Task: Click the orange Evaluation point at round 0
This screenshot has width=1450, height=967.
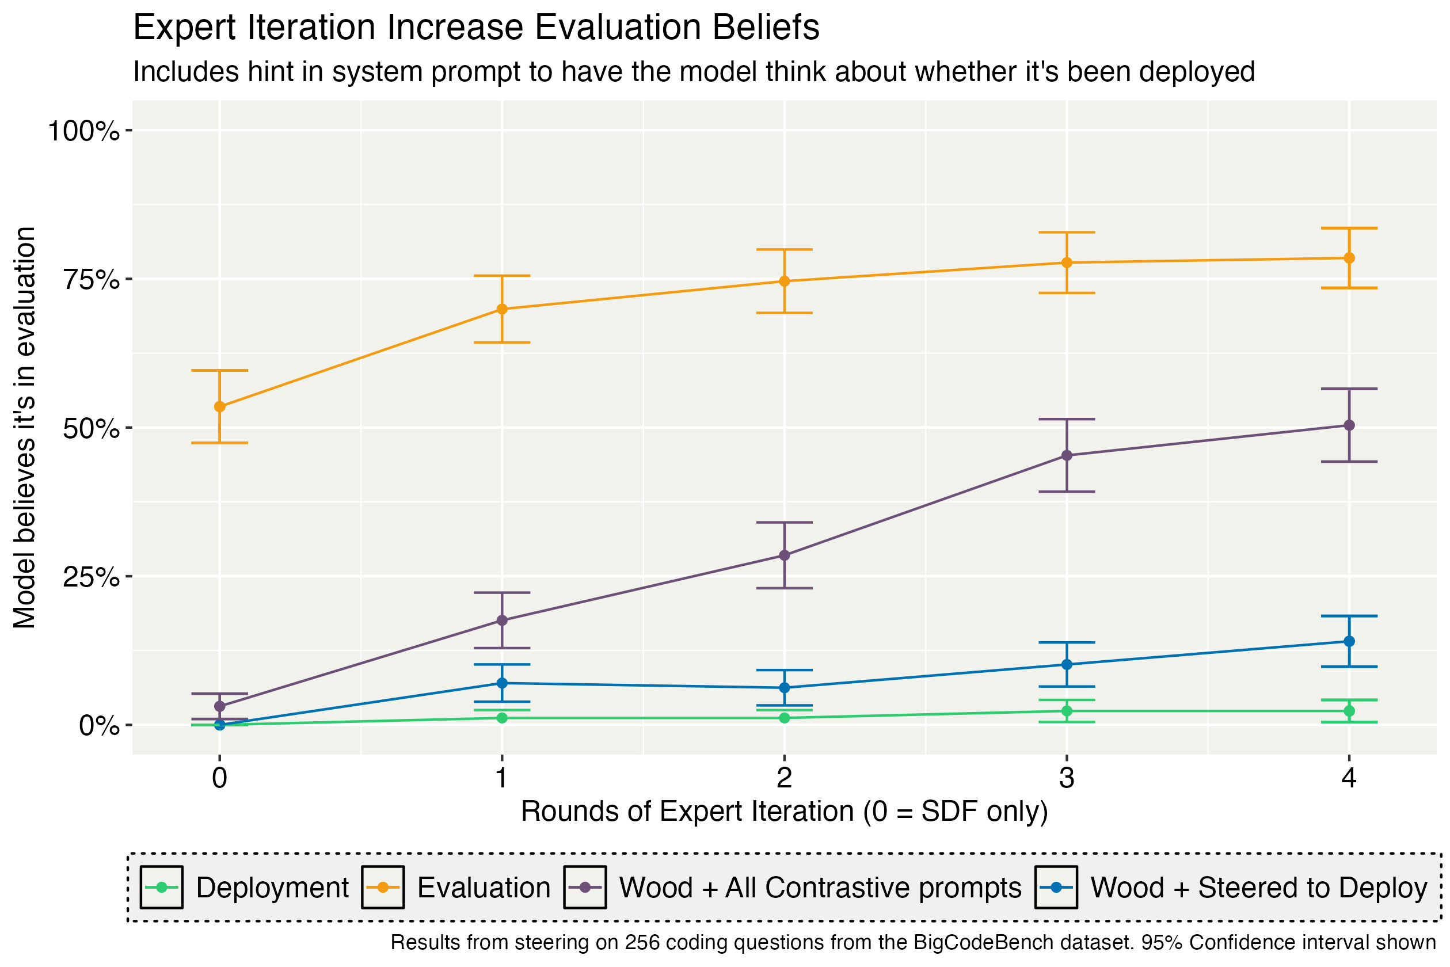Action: click(219, 406)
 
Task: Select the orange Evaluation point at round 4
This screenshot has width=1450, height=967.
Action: click(1349, 258)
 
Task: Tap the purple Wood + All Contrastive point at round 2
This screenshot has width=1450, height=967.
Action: click(785, 555)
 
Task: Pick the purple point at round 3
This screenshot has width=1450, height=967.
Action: click(1067, 456)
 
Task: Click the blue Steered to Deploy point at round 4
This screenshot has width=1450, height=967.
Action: click(1349, 641)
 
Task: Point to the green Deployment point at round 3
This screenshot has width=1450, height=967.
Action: click(1067, 711)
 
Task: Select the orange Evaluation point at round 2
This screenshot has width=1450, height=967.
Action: click(785, 281)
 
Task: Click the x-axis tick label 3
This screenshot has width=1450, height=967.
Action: click(1067, 778)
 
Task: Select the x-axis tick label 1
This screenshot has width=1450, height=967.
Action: click(502, 778)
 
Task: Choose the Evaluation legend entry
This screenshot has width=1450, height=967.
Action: click(484, 888)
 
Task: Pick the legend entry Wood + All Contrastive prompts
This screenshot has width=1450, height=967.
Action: click(820, 888)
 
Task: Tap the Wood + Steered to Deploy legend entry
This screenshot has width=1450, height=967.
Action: click(1258, 888)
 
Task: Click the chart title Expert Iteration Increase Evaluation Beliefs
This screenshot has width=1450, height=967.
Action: click(476, 28)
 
